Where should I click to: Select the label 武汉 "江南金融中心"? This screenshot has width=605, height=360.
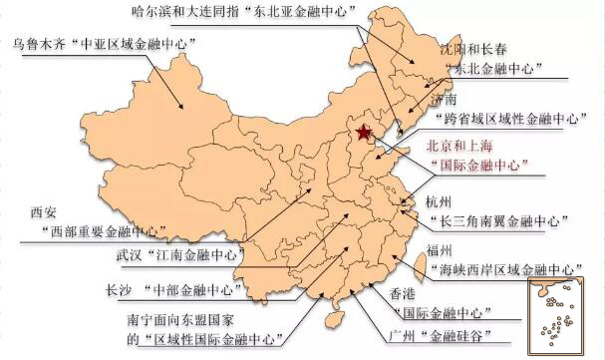pos(178,253)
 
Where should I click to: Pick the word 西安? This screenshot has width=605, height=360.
pos(45,212)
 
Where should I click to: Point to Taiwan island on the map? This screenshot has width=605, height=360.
pos(418,263)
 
